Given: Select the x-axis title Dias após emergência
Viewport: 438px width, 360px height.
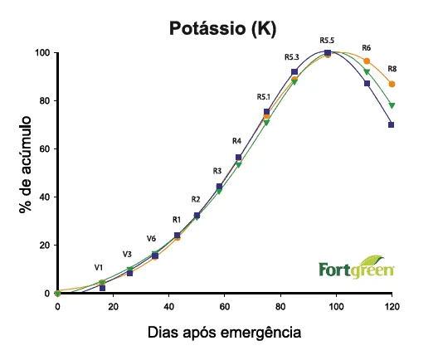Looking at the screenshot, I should coord(224,332).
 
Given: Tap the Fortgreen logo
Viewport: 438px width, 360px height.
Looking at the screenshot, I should coord(357,269).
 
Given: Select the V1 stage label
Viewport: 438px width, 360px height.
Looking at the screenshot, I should coord(99,268).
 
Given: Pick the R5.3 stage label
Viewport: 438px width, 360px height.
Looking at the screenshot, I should coord(291,57).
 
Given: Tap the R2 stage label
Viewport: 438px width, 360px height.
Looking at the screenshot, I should coord(196,199).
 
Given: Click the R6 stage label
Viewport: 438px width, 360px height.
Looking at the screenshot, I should coord(367,48).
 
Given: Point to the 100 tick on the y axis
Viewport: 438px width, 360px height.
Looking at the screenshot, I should coord(41,53).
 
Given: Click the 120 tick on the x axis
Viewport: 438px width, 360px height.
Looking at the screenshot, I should coord(392,307).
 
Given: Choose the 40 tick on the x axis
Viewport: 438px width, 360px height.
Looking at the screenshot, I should coord(168,307).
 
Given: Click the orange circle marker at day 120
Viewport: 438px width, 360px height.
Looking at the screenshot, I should coord(392,84).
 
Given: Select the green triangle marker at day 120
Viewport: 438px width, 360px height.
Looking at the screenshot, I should coord(392,105).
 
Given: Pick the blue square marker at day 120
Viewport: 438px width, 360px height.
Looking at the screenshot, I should coord(392,124).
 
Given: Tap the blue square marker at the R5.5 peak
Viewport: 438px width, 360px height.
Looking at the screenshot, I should coord(328,53).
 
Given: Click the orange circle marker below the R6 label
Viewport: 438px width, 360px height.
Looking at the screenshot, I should coord(367,61).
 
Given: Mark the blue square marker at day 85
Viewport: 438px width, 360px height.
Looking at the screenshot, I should coord(294,72).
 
